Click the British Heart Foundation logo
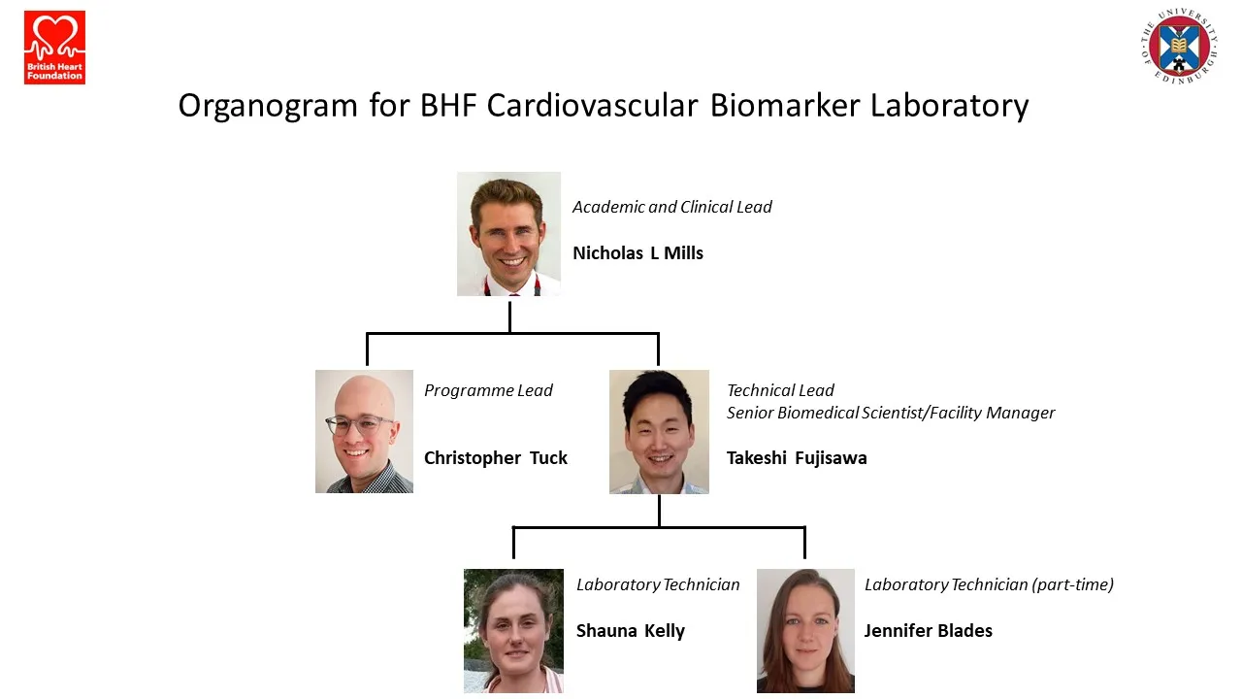click(x=54, y=48)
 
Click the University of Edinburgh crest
click(x=1179, y=46)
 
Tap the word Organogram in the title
click(x=268, y=105)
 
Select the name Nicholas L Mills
click(x=637, y=253)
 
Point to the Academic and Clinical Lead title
click(x=671, y=207)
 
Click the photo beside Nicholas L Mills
click(x=508, y=234)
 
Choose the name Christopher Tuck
click(x=495, y=458)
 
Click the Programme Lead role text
click(x=488, y=390)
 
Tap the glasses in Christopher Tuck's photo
click(x=358, y=425)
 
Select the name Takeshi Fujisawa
click(x=796, y=458)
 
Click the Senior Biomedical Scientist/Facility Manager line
click(x=890, y=413)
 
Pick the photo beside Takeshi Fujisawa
click(x=659, y=432)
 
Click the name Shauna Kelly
click(x=630, y=631)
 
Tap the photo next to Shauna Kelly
click(x=513, y=630)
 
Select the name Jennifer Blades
click(x=928, y=631)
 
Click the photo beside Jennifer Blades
click(x=805, y=630)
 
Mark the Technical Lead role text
click(x=780, y=390)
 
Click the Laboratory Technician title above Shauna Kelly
click(x=658, y=584)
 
